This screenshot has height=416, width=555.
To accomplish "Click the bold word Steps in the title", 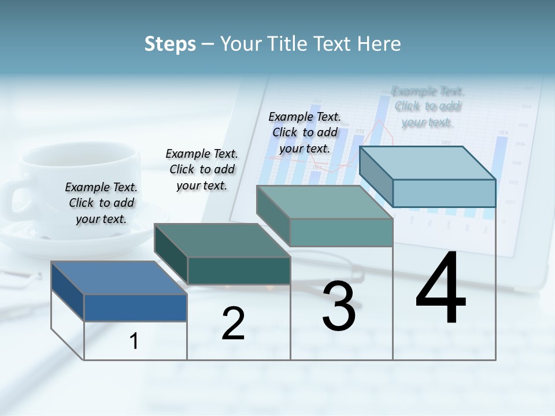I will click(x=170, y=44).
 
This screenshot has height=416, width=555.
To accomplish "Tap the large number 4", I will click(x=441, y=289).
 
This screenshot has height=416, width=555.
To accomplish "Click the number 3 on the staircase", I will click(x=339, y=306).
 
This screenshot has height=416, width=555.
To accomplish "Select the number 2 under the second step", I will click(x=233, y=324).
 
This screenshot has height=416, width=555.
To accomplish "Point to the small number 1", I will click(x=134, y=341).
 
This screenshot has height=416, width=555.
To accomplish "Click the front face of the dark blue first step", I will click(x=135, y=308).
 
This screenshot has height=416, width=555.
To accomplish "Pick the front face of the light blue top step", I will click(x=444, y=193).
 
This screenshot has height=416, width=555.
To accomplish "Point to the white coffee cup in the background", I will click(x=81, y=185).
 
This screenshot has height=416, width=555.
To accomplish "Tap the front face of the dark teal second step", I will click(x=239, y=270).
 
